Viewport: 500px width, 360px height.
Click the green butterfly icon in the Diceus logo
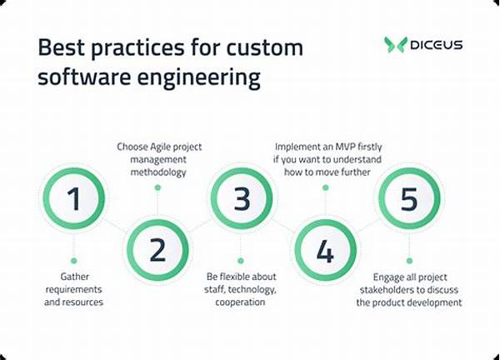(x=395, y=44)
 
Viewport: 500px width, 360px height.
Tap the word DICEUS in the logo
(x=436, y=45)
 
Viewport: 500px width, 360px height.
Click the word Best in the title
(x=62, y=47)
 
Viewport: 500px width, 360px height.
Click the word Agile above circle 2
(x=162, y=147)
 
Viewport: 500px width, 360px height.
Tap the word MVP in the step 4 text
(x=345, y=147)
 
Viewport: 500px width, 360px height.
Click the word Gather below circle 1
(x=75, y=277)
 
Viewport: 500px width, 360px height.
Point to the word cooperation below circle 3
(x=240, y=302)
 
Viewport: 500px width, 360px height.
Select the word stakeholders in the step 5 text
(x=387, y=289)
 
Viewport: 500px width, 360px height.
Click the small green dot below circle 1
(x=74, y=261)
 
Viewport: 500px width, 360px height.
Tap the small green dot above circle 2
(x=157, y=187)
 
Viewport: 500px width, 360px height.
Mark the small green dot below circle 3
(x=241, y=261)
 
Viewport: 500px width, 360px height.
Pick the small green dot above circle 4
(x=325, y=187)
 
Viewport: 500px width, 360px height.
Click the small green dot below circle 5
(x=409, y=261)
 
